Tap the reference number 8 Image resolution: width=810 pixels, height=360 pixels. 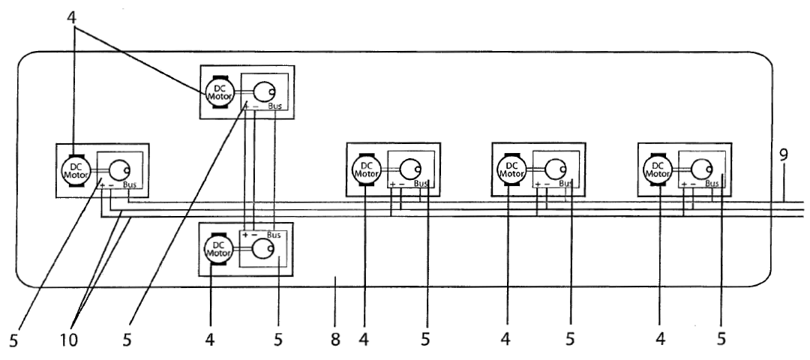click(335, 340)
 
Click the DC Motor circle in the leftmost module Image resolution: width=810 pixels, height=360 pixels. click(76, 169)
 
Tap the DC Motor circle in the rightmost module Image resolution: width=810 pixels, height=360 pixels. click(658, 169)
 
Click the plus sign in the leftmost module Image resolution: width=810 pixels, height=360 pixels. click(102, 184)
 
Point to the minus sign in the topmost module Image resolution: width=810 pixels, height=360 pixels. click(255, 107)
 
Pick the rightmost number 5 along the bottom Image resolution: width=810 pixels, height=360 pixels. click(721, 340)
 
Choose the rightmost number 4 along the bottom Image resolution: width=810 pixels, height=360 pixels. click(661, 340)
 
